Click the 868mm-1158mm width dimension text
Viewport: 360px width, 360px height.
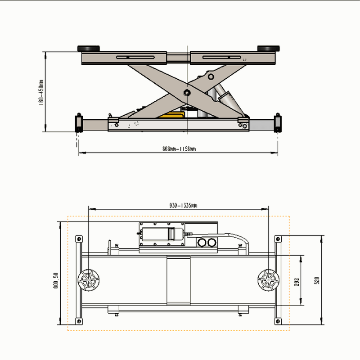[179, 149]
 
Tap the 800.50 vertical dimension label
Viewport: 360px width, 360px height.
[56, 280]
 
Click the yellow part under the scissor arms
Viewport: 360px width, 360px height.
[171, 116]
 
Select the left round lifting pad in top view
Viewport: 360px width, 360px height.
[88, 280]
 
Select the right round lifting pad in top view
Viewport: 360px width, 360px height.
[268, 280]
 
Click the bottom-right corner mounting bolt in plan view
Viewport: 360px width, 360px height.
[278, 321]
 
